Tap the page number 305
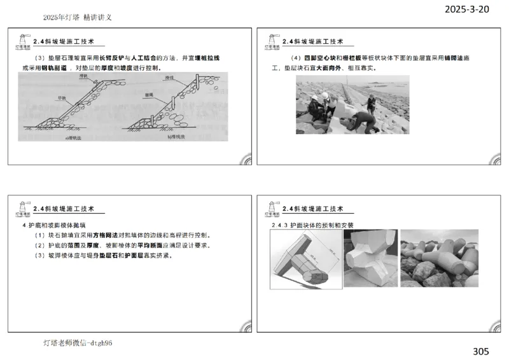481,351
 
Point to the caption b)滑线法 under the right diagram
179,137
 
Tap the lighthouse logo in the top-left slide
22,41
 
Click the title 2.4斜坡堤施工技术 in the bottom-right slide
312,209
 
